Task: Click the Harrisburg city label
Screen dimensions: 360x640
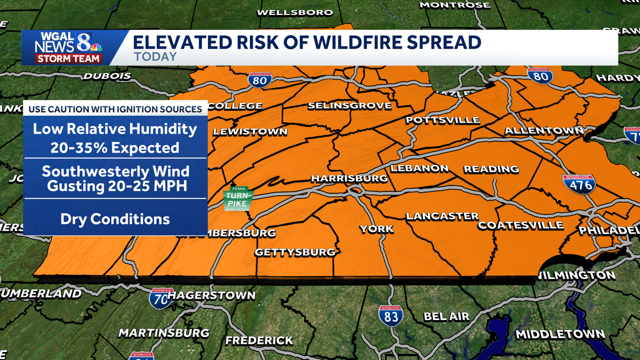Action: [349, 178]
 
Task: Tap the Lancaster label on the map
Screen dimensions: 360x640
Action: [442, 216]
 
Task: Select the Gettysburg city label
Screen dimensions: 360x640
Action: [295, 252]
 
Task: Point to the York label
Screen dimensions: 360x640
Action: [376, 229]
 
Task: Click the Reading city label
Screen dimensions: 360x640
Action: [491, 169]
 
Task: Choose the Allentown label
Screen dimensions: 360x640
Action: [544, 131]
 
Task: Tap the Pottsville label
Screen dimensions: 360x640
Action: [443, 120]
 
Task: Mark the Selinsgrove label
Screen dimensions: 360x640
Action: [350, 106]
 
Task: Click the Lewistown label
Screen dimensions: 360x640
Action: [250, 131]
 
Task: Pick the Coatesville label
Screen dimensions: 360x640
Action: [521, 225]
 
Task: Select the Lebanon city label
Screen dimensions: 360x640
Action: [420, 168]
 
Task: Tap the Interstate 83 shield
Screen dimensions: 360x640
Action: [391, 315]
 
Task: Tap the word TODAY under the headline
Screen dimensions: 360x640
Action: [155, 57]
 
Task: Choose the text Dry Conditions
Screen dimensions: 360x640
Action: [115, 219]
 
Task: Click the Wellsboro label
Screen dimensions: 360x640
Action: [295, 12]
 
